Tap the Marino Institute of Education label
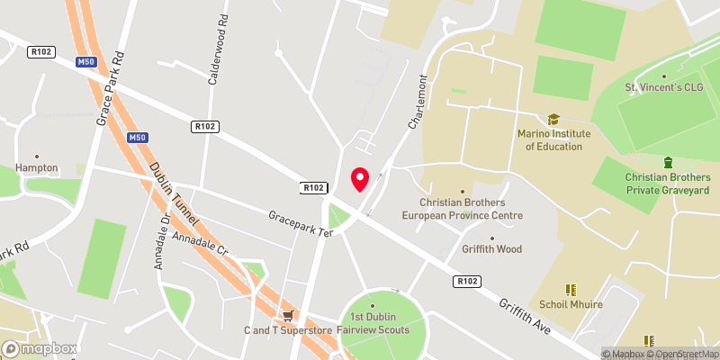pos(553,140)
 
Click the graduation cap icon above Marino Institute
pos(553,119)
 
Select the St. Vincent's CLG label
pos(665,87)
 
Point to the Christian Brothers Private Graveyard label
pos(668,184)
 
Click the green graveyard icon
pos(668,162)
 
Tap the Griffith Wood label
pos(492,249)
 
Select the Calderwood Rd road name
pos(216,49)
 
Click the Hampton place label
pos(37,167)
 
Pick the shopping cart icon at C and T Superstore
pos(288,315)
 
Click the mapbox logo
pos(40,348)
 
